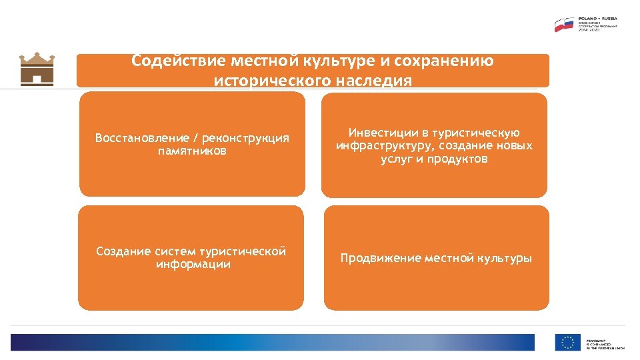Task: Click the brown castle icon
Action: [x=37, y=69]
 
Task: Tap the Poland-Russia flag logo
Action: [x=565, y=25]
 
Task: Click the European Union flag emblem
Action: [x=568, y=343]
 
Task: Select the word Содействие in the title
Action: [x=178, y=61]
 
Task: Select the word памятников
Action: [x=192, y=151]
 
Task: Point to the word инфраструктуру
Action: [x=382, y=146]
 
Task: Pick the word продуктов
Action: [x=461, y=159]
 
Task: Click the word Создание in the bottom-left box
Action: [x=123, y=251]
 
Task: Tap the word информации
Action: [x=193, y=264]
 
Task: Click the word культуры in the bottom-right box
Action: [x=504, y=258]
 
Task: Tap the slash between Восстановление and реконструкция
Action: [x=195, y=138]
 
